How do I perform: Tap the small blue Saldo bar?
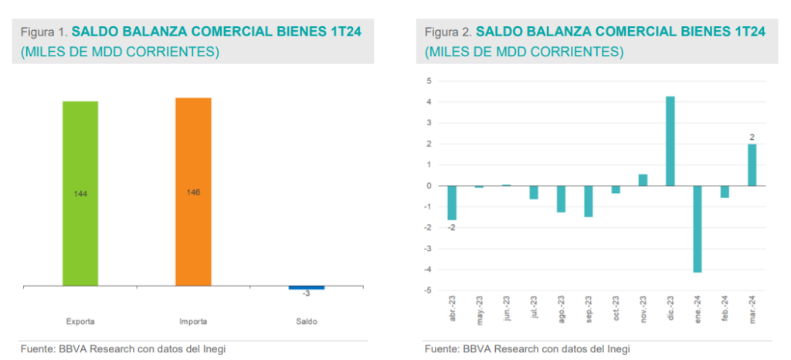pos(307,287)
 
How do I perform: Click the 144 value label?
pos(80,194)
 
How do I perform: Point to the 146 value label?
pos(193,192)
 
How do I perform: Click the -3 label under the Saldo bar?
pos(306,294)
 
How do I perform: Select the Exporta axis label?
pos(80,321)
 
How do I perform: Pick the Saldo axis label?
pos(307,321)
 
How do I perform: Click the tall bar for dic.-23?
pos(670,141)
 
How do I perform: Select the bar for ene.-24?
pos(698,229)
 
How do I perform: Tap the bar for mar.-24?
pos(752,165)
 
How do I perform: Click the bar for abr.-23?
pos(452,202)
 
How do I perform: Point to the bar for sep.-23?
pos(589,201)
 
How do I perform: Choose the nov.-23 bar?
pos(643,180)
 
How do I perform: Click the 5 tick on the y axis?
pos(429,81)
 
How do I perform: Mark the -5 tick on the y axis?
pos(428,290)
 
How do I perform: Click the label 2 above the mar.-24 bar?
pos(752,138)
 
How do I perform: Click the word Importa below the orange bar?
pos(193,321)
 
